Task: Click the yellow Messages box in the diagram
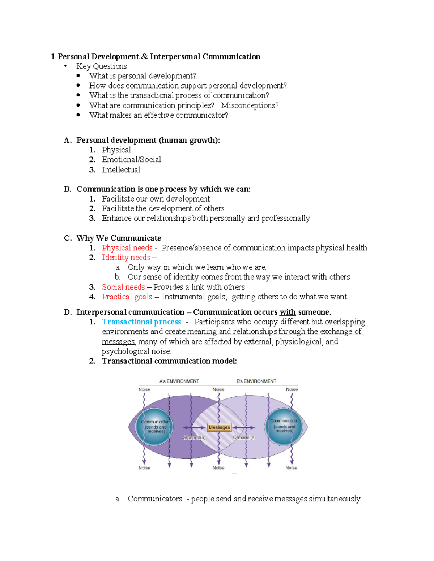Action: pos(219,427)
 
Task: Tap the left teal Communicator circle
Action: pos(154,427)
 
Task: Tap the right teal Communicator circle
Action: pos(284,426)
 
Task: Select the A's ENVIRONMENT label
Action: pos(179,381)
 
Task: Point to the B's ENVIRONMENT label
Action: pos(256,381)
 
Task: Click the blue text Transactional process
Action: pos(141,322)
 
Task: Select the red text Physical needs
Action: pos(127,248)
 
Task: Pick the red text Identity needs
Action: pos(126,258)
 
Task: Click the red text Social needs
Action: pos(123,287)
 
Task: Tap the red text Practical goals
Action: pos(127,297)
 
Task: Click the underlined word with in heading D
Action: pos(288,312)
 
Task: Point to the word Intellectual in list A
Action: pos(121,170)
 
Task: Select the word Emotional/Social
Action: pos(131,160)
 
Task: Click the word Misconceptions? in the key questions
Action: pos(250,105)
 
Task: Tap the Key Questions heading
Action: pos(102,66)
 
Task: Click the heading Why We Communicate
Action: pos(119,238)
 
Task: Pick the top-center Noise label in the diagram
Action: pos(218,389)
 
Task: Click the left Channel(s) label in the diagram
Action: pos(194,437)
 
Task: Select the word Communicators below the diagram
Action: pos(155,499)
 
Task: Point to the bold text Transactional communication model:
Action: pos(169,361)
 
